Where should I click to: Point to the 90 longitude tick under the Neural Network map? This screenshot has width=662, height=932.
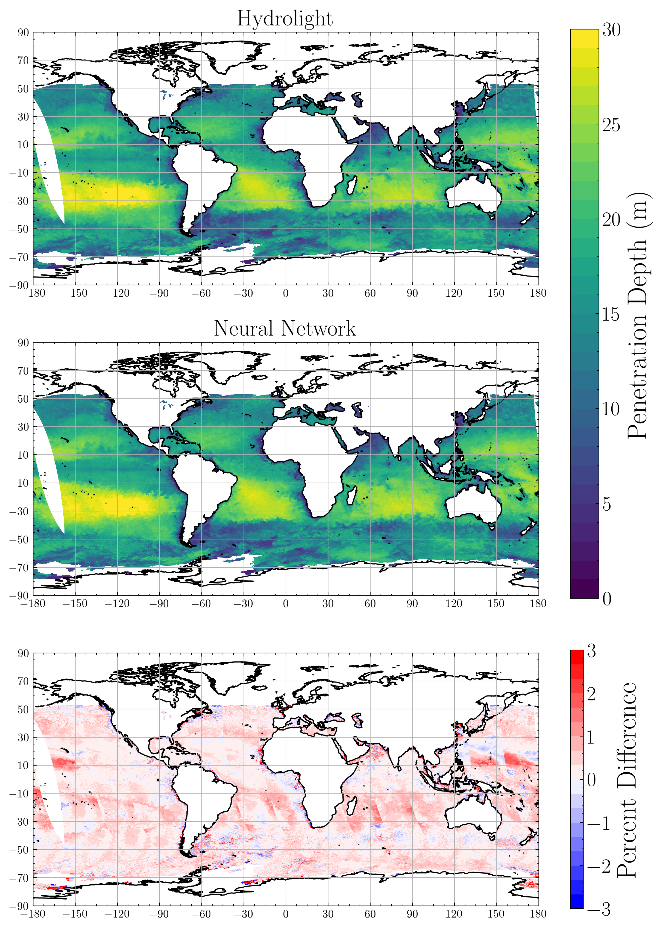tap(412, 604)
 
